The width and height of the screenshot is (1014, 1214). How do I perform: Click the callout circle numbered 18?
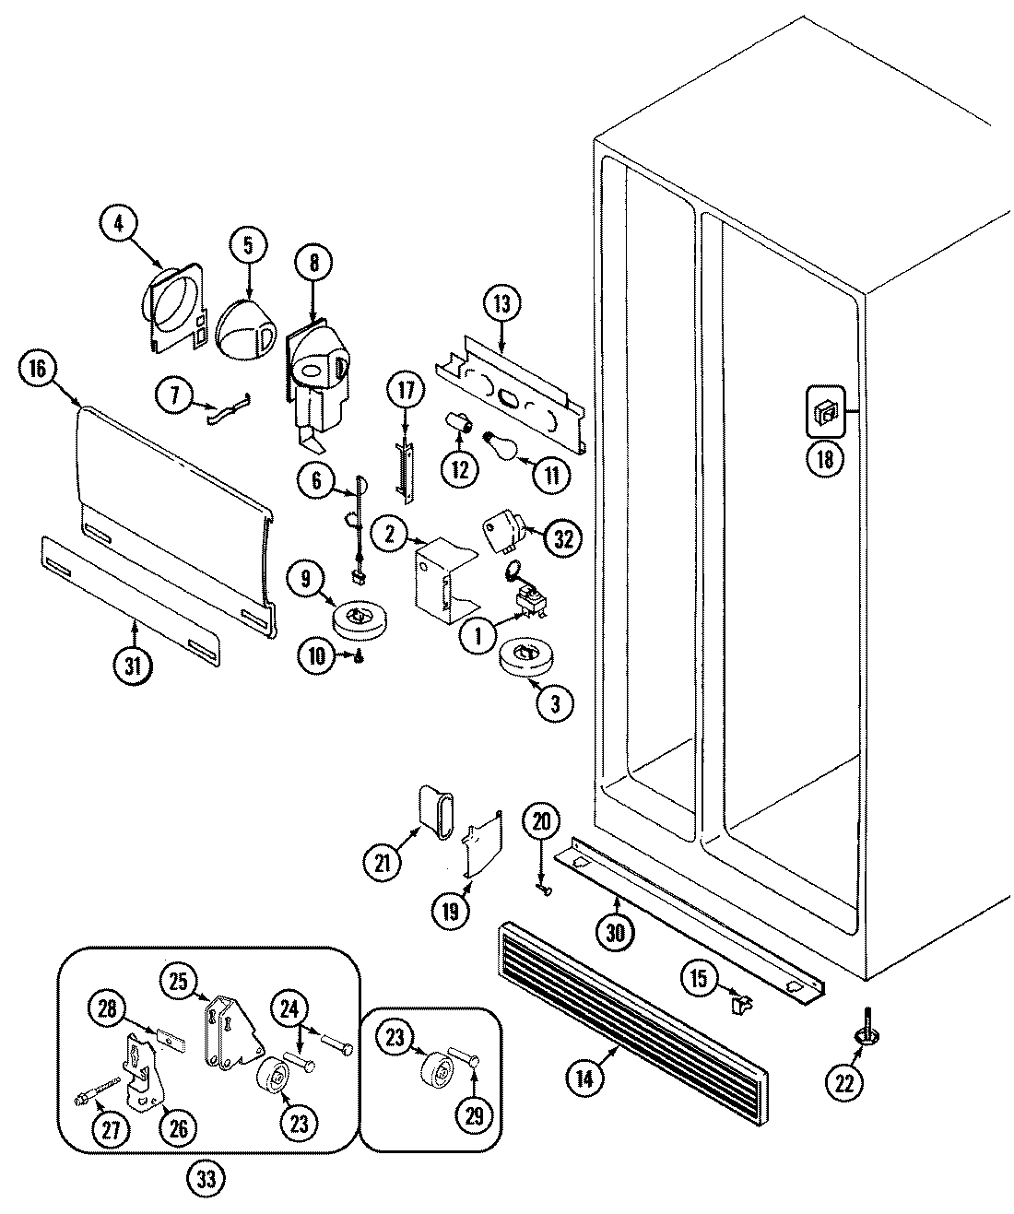825,459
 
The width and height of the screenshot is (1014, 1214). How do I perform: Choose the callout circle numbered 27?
112,1132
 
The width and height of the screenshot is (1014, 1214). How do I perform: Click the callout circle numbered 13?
502,305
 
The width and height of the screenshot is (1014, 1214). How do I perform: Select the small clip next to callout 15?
738,1002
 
